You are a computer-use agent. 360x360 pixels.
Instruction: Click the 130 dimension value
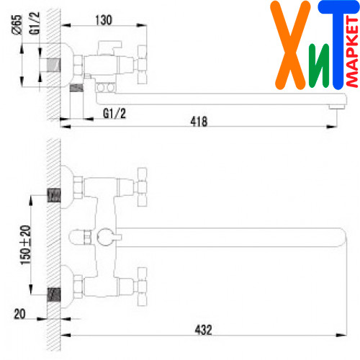104,20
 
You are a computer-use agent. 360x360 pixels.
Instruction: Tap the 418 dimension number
199,122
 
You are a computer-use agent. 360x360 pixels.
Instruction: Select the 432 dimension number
204,330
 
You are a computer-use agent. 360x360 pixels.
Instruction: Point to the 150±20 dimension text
25,245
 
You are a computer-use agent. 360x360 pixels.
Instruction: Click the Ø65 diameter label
17,25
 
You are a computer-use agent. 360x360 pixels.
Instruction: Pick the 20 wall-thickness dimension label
19,314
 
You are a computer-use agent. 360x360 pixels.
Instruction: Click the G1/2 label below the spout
114,113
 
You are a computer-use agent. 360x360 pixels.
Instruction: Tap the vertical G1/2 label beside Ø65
35,23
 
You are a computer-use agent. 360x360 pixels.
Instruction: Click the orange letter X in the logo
290,45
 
